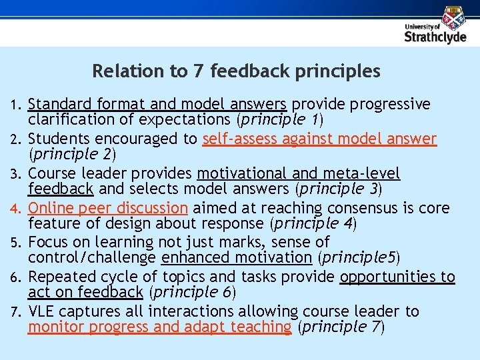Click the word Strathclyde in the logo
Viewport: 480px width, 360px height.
(x=435, y=37)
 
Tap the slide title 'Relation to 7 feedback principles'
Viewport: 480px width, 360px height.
(x=237, y=71)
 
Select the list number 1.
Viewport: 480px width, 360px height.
(x=17, y=105)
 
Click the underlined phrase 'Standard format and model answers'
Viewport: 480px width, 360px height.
(x=157, y=104)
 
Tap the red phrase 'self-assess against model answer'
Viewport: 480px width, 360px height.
(x=319, y=139)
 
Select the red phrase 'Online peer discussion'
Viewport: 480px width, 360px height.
(x=108, y=208)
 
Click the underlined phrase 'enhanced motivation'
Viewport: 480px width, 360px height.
(x=237, y=257)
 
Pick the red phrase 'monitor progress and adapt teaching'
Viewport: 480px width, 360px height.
(x=160, y=327)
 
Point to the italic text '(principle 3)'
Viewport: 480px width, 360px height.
(x=339, y=189)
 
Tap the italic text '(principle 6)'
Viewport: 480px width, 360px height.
(x=191, y=292)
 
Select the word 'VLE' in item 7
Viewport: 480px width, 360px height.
(x=41, y=311)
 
